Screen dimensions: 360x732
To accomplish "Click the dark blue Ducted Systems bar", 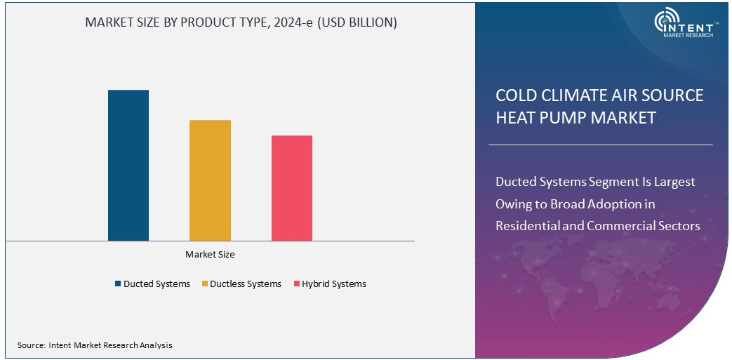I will click(128, 165).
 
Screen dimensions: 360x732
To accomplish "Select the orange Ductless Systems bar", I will click(210, 180).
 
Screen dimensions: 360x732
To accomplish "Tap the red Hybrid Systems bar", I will click(292, 188).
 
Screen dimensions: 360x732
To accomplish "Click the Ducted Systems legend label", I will click(157, 284).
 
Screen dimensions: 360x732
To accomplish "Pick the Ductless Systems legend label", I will click(245, 284).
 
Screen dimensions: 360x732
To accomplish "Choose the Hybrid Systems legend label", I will click(334, 284).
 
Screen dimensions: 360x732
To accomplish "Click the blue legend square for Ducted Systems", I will click(118, 284).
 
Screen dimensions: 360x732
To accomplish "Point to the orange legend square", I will click(204, 284).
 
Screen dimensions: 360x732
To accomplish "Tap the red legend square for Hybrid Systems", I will click(296, 284).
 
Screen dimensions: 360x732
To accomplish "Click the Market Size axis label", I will click(210, 255).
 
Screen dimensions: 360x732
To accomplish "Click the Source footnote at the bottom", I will click(95, 345).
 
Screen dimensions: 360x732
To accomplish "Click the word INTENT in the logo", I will click(693, 26).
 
